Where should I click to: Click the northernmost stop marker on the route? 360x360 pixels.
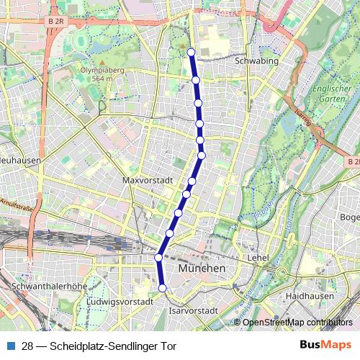point(191,52)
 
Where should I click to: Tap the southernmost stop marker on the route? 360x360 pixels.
point(163,288)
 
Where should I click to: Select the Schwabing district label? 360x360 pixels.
point(257,62)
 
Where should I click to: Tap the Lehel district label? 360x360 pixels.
point(258,257)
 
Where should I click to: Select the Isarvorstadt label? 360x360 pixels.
point(193,310)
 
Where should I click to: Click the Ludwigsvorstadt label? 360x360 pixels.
point(120,301)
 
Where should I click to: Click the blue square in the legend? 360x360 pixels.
point(11,346)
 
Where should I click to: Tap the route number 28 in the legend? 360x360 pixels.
point(27,346)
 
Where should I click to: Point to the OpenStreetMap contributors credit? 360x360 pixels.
point(297,322)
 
